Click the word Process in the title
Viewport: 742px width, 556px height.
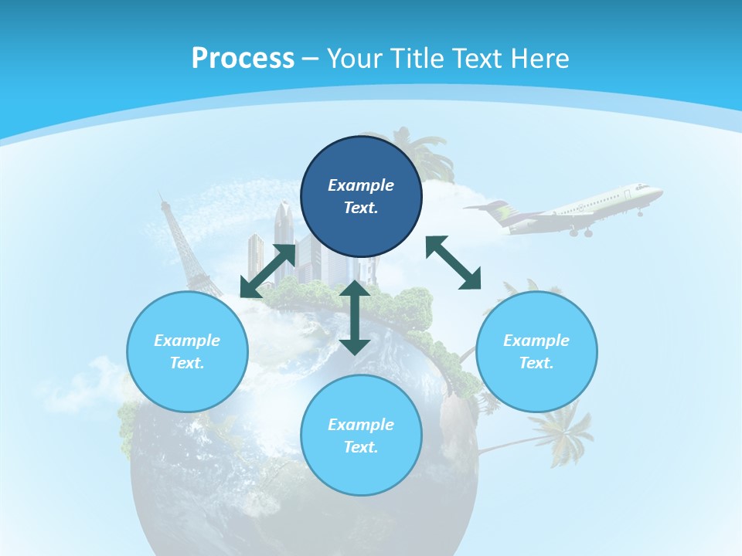pos(243,59)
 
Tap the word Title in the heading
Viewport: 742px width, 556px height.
pos(414,59)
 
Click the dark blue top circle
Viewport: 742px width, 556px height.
pos(361,196)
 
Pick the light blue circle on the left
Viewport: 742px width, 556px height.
pos(187,351)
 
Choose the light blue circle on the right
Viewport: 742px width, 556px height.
pos(536,351)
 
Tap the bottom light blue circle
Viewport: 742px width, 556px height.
pos(361,436)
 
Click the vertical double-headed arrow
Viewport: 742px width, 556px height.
pos(355,317)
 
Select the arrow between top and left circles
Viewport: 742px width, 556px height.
pos(267,271)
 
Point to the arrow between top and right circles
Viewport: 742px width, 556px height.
pos(454,263)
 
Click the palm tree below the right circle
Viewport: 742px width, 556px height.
pos(560,432)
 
